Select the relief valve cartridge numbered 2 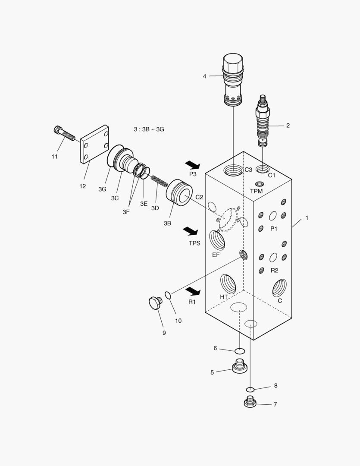[263, 120]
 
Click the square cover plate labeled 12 [94, 145]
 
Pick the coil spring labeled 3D [159, 179]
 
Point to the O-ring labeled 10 [168, 295]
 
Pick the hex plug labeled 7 [250, 402]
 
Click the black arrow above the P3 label [192, 165]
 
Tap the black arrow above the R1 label [193, 291]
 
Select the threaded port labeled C [279, 287]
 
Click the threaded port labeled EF [217, 240]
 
